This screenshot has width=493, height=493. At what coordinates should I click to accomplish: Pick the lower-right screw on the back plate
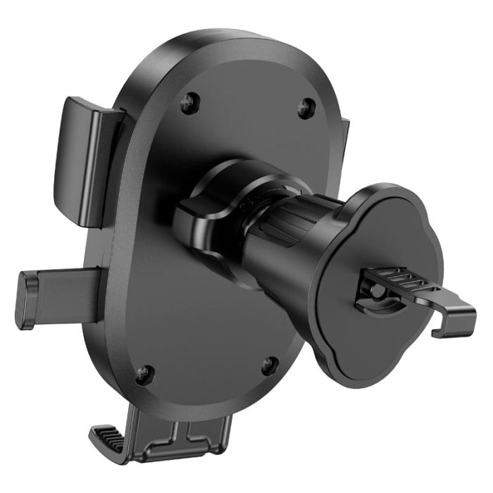point(268,365)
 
